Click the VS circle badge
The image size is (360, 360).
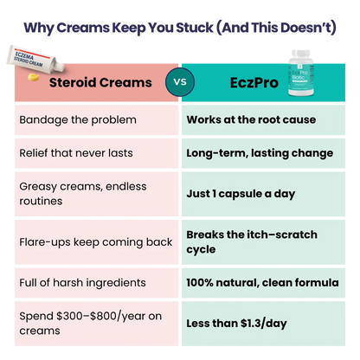click(x=179, y=83)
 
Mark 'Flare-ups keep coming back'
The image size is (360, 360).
click(x=95, y=241)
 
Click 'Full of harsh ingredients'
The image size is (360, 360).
click(x=83, y=283)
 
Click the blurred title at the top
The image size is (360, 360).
click(x=180, y=25)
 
